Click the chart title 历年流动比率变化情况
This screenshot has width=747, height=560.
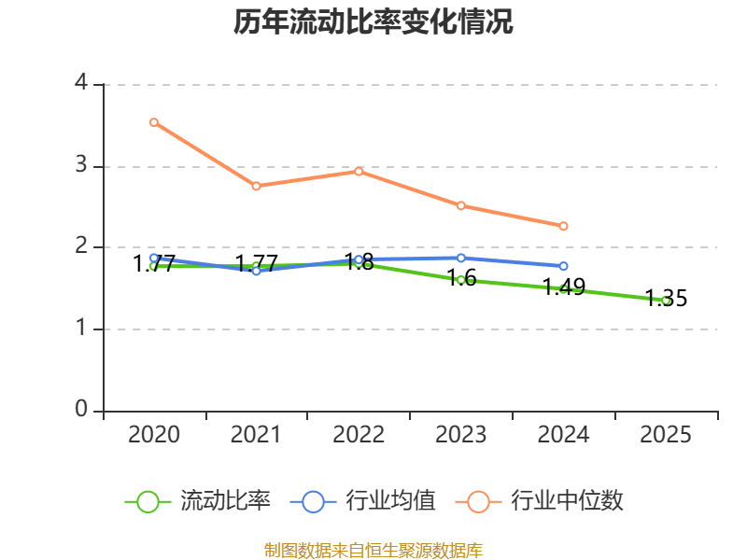click(x=373, y=22)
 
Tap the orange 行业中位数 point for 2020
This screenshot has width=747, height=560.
click(x=154, y=122)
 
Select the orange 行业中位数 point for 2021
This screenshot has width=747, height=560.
click(x=256, y=186)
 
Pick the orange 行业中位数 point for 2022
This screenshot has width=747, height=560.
click(x=359, y=171)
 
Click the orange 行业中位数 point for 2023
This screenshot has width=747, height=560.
click(x=461, y=205)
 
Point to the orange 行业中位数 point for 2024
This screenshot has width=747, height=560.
click(x=563, y=226)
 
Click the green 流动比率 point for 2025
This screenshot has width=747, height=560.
click(x=666, y=301)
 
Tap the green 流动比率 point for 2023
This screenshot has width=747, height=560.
click(x=461, y=280)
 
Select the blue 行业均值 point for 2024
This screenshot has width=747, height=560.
click(x=563, y=266)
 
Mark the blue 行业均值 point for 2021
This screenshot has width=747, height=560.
click(x=256, y=271)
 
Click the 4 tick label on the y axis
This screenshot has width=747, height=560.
click(x=81, y=84)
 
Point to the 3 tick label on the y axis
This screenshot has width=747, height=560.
click(x=81, y=165)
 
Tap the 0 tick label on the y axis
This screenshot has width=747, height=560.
click(x=81, y=410)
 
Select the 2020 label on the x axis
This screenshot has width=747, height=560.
click(x=154, y=435)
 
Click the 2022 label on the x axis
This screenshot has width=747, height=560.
click(x=359, y=435)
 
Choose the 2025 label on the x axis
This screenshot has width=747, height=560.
click(x=666, y=435)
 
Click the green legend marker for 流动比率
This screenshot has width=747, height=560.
click(x=148, y=501)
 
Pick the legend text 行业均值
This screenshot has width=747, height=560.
click(x=391, y=501)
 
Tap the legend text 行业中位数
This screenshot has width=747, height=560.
click(x=568, y=501)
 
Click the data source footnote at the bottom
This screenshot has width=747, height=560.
click(x=373, y=550)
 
